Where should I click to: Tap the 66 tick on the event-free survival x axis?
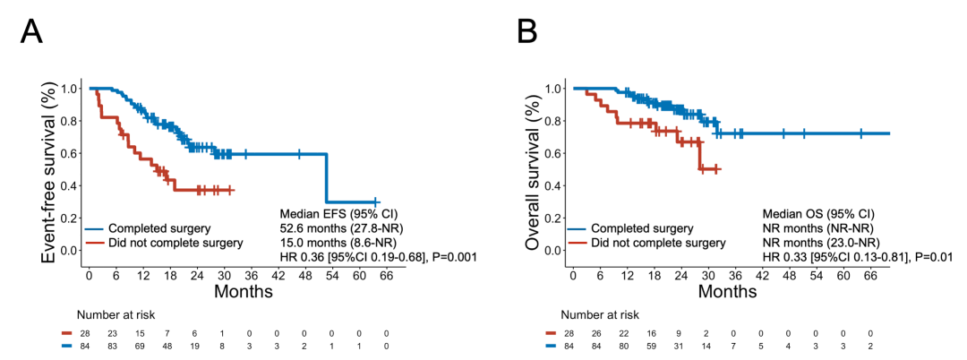click(388, 276)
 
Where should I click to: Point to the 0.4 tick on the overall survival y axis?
click(552, 185)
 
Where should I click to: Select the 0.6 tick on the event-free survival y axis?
click(69, 154)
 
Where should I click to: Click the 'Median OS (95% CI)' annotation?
click(817, 214)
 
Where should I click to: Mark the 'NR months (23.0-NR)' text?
click(821, 243)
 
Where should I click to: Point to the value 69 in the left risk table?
click(141, 345)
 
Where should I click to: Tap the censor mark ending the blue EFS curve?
click(375, 202)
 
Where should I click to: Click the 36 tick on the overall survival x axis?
click(735, 276)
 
